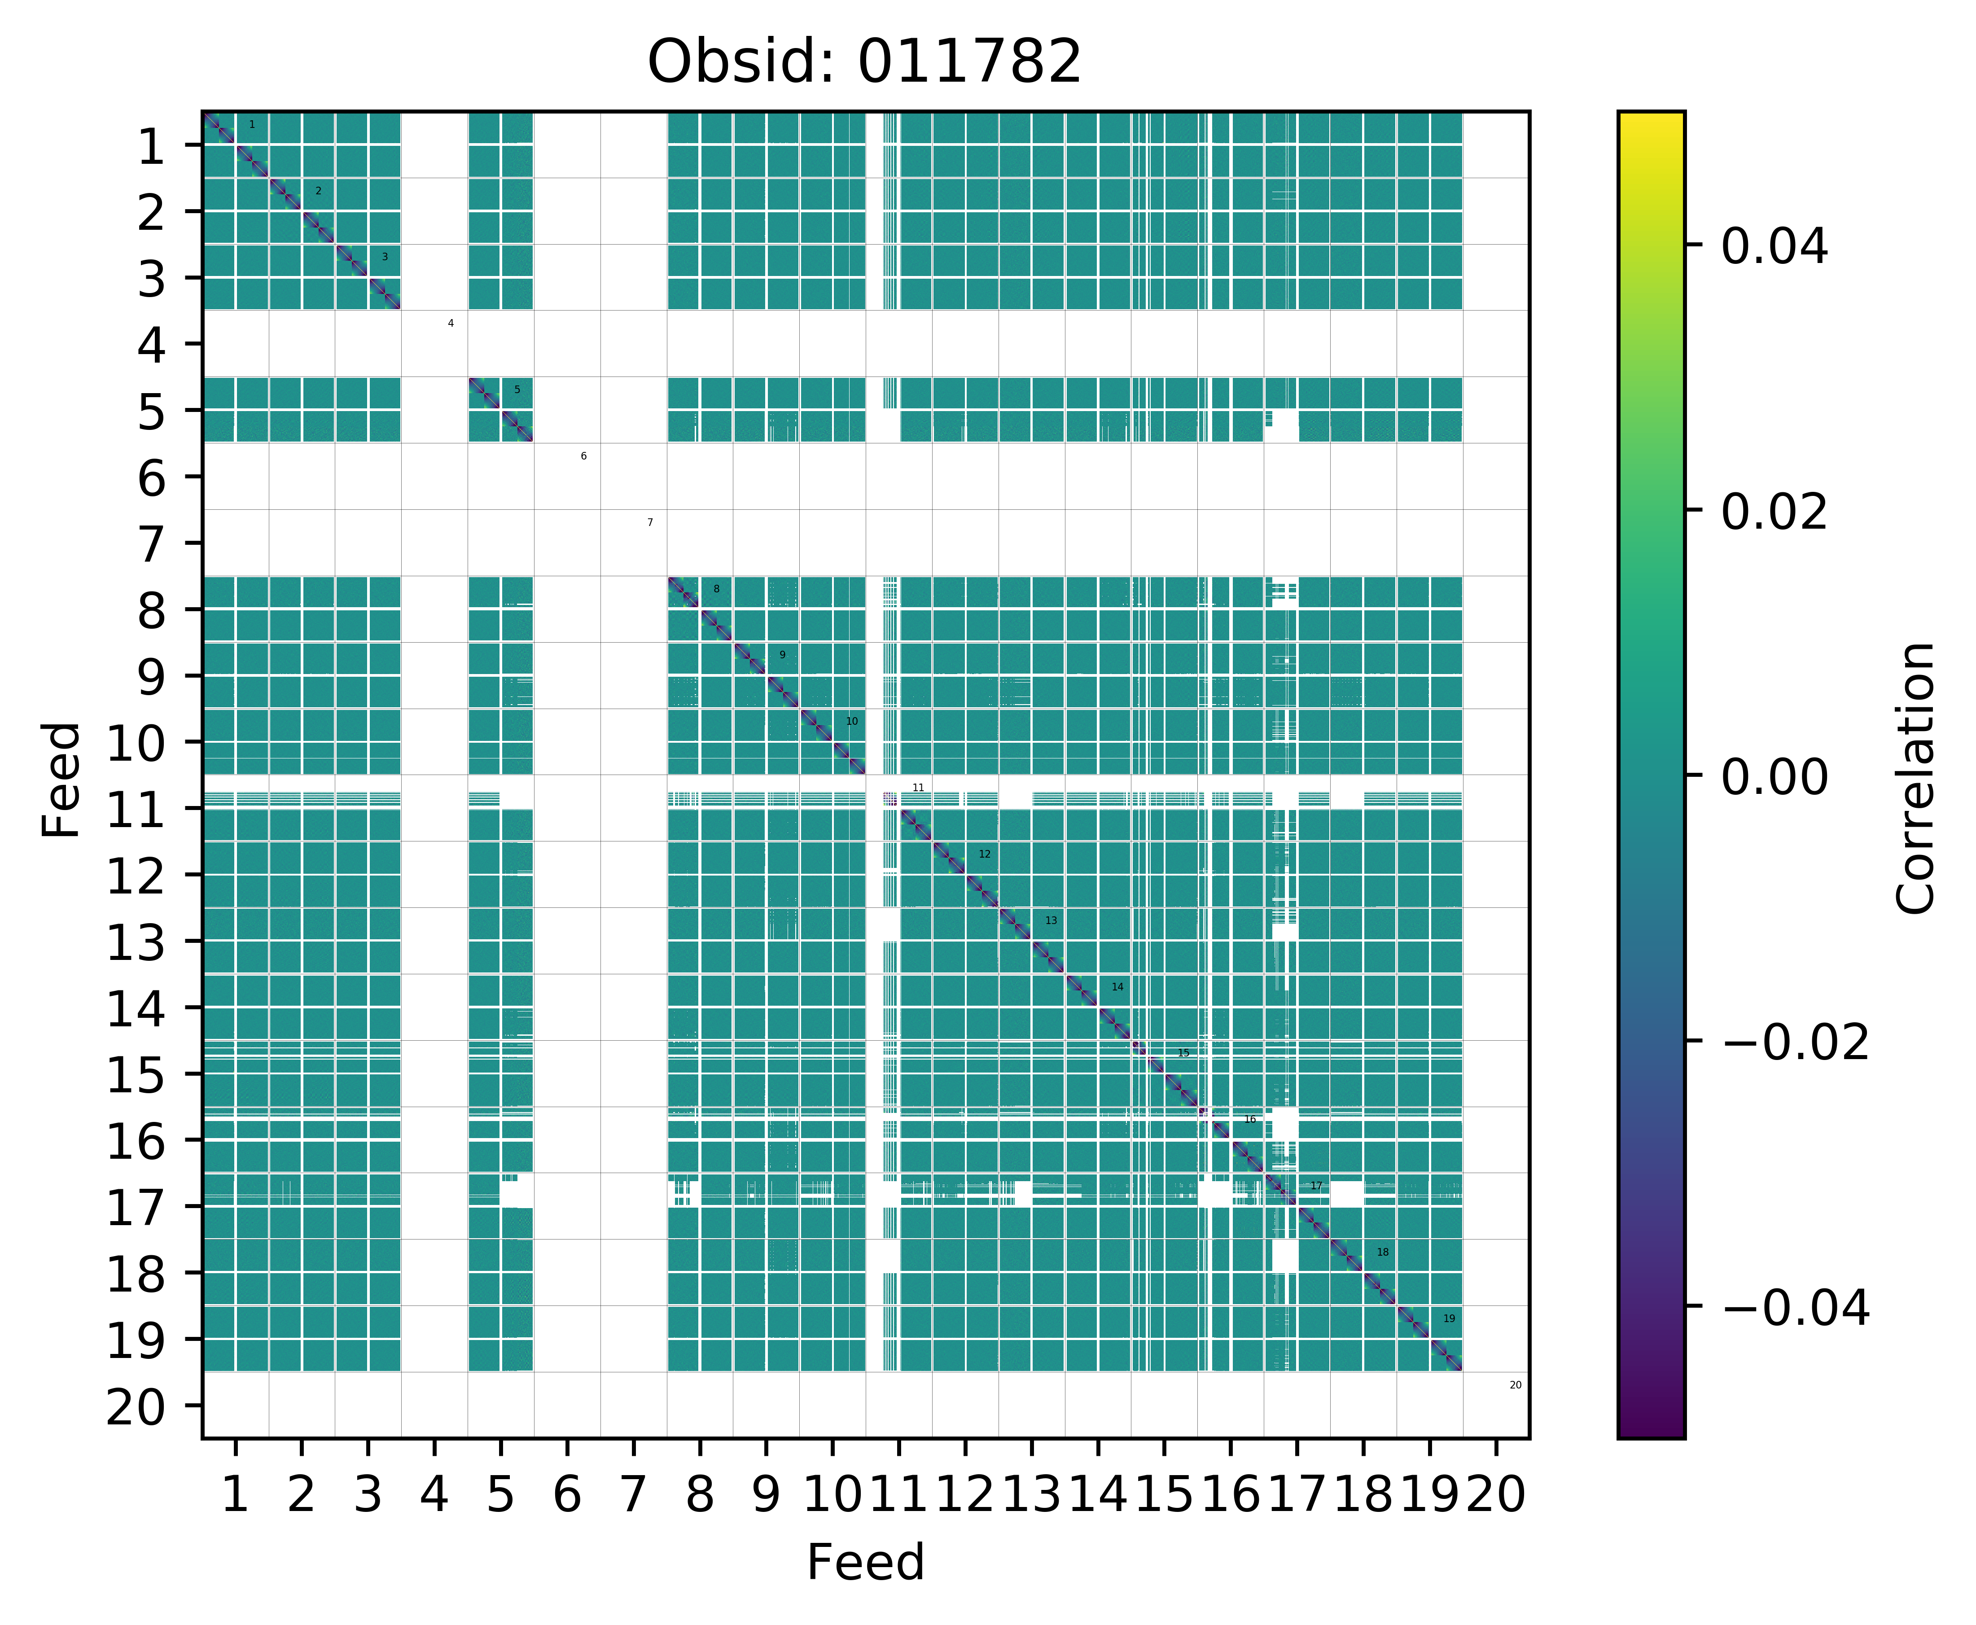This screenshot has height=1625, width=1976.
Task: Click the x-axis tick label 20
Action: coord(1496,1495)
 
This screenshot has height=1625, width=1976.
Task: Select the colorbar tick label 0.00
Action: coord(1774,777)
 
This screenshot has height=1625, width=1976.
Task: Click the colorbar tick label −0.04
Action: coord(1794,1308)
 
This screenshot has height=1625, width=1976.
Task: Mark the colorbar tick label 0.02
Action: coord(1774,512)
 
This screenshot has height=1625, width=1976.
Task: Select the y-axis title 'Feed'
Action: coord(62,779)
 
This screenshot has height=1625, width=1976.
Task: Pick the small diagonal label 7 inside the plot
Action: coord(650,522)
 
